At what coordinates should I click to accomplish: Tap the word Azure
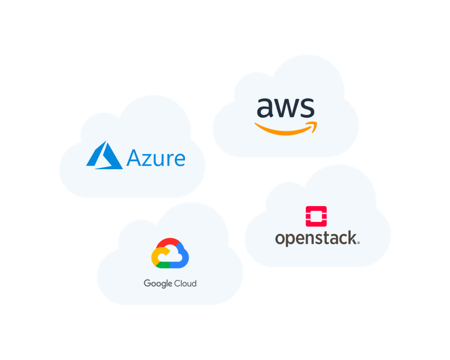click(x=156, y=158)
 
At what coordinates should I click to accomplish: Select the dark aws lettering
click(x=286, y=108)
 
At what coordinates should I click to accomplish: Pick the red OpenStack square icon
click(x=316, y=216)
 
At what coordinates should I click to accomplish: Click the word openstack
click(x=316, y=238)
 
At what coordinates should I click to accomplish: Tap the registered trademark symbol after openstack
click(x=359, y=243)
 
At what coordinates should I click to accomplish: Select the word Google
click(x=158, y=283)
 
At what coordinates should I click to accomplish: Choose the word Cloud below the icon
click(x=185, y=283)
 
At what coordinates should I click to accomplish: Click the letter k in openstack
click(x=353, y=238)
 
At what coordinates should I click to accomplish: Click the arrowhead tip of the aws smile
click(x=316, y=122)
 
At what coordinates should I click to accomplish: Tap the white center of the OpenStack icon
click(x=316, y=216)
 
